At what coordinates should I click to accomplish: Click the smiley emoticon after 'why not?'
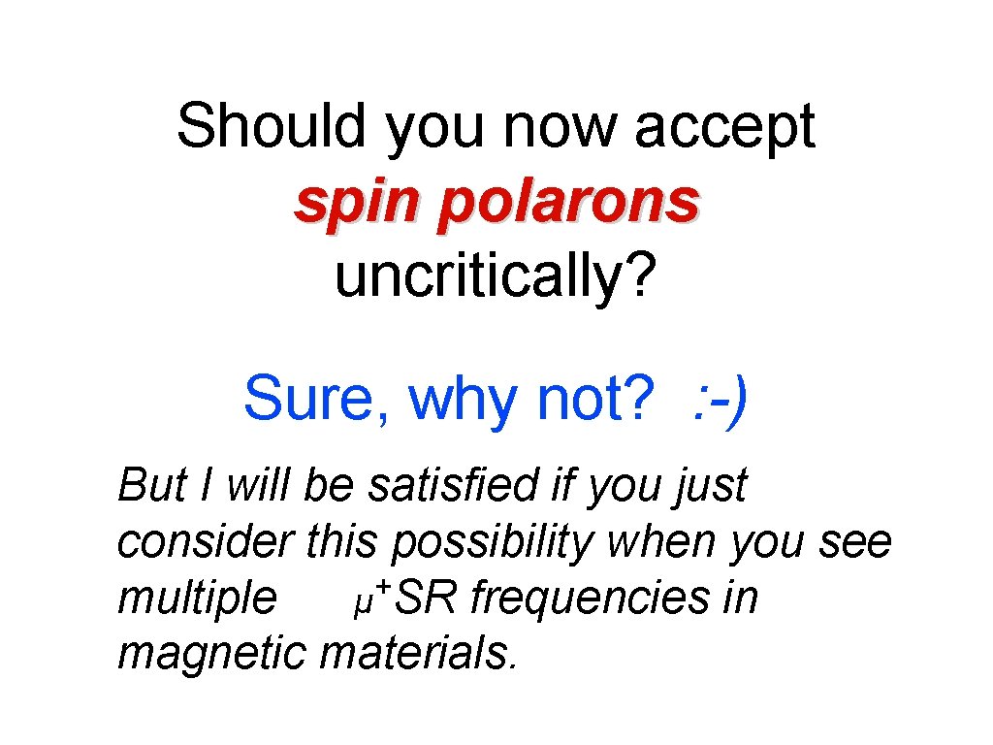(719, 399)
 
